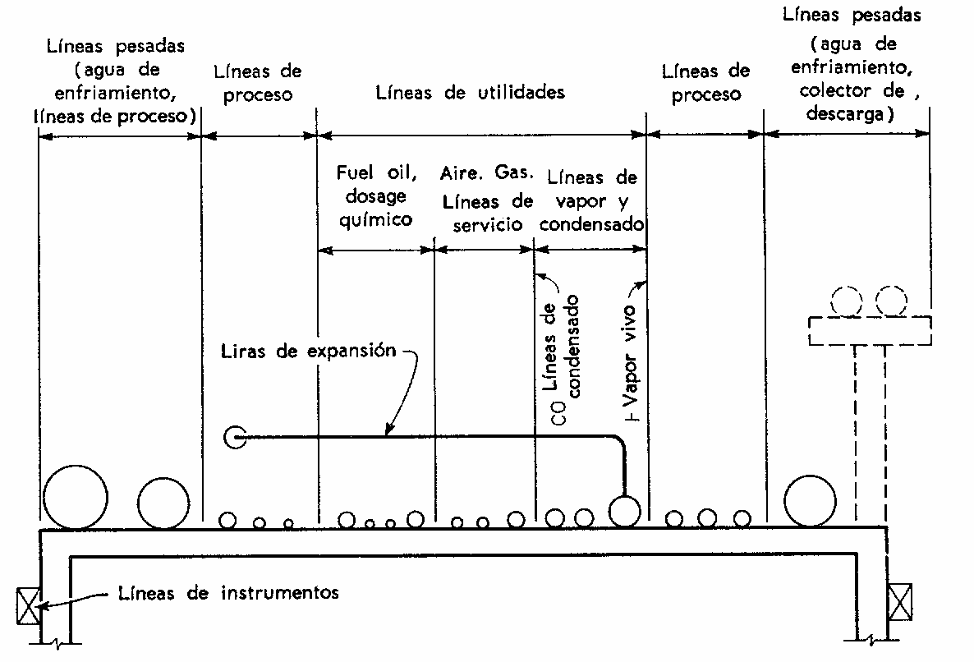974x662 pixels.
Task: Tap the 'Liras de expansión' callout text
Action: (308, 351)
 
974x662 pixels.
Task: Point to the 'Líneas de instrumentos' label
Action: (228, 592)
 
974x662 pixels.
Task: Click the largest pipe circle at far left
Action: (76, 496)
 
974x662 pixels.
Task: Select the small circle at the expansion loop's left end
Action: (235, 438)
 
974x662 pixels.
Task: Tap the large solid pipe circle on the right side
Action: (810, 499)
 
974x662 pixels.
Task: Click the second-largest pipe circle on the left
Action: (163, 501)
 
